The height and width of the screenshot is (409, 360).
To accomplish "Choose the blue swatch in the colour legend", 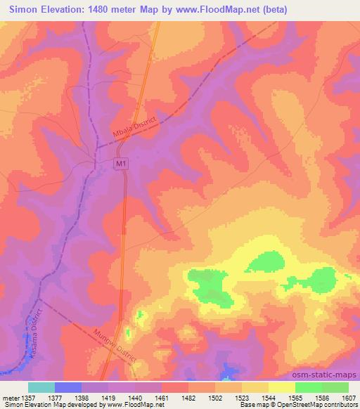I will [x=68, y=387].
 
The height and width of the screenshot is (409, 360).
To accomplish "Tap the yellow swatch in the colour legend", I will [x=281, y=387].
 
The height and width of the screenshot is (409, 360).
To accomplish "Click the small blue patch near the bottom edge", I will [x=227, y=368].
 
